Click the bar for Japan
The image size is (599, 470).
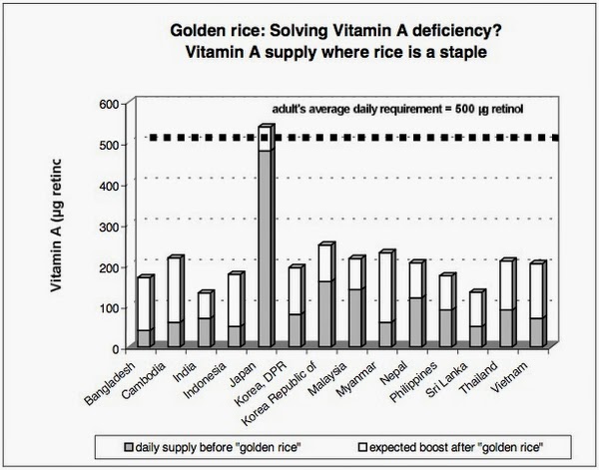pos(265,239)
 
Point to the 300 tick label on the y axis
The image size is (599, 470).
pos(113,226)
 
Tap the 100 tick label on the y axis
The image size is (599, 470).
pos(113,307)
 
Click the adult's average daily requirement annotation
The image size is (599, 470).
pos(386,111)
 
